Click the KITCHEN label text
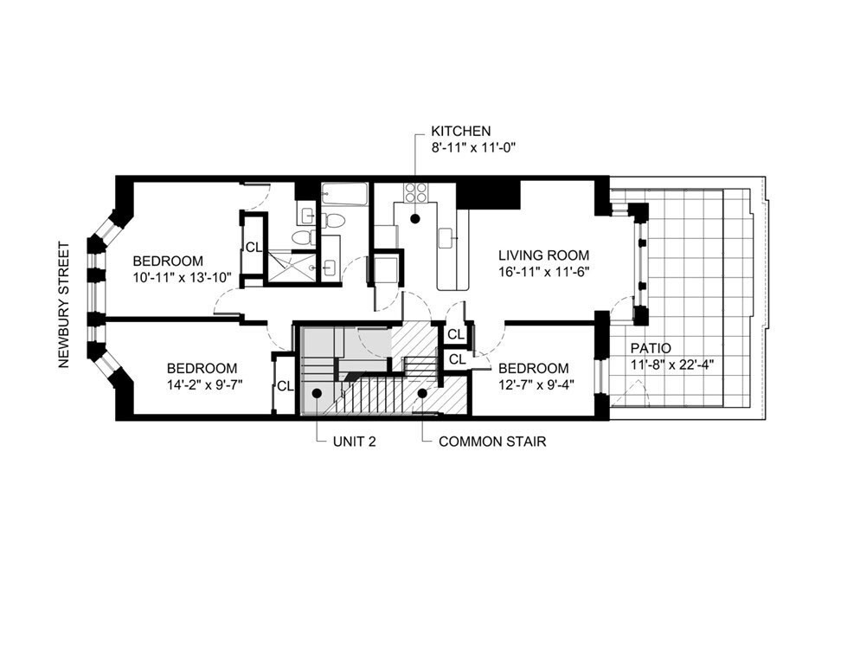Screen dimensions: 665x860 pyautogui.click(x=461, y=131)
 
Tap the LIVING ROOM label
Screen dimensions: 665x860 pyautogui.click(x=543, y=255)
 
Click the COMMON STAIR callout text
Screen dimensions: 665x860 pyautogui.click(x=491, y=441)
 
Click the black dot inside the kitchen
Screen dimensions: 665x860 pyautogui.click(x=415, y=219)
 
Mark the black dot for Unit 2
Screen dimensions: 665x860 pyautogui.click(x=318, y=393)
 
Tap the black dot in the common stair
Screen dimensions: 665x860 pyautogui.click(x=422, y=393)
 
